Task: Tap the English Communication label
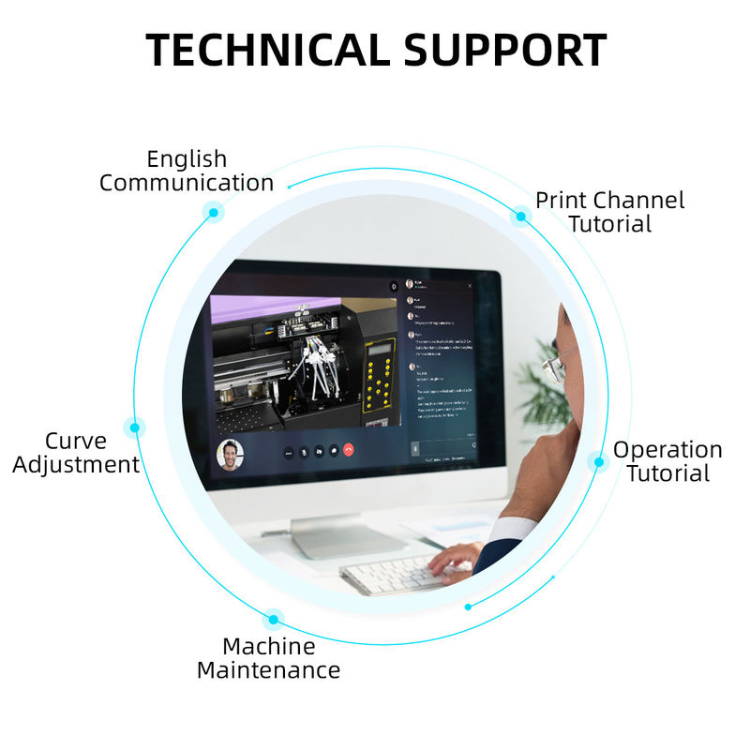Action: click(x=187, y=171)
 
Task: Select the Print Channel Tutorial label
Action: click(x=609, y=212)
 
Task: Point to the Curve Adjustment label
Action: click(x=76, y=453)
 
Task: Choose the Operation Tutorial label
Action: click(x=667, y=461)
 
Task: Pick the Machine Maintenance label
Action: click(x=268, y=658)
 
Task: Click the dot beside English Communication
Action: click(x=214, y=213)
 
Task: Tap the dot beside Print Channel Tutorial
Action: click(x=520, y=217)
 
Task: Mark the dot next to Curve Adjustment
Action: click(x=135, y=427)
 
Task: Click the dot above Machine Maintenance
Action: click(x=273, y=618)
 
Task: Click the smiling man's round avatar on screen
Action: click(x=230, y=454)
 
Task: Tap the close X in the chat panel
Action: click(x=470, y=285)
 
